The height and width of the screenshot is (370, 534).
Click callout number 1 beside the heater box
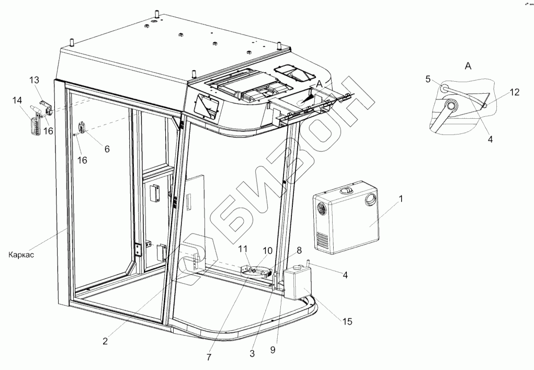[401, 198]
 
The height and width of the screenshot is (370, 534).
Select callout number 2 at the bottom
[106, 341]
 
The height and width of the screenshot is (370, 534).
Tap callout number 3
[252, 353]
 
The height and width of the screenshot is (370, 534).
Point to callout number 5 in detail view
[428, 80]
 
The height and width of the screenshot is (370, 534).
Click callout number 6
[107, 149]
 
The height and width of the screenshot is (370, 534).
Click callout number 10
[268, 251]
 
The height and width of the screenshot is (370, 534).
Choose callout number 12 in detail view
[515, 93]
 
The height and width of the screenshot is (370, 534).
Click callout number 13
[34, 80]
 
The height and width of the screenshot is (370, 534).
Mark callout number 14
[18, 100]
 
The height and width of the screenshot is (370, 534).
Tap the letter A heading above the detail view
[468, 65]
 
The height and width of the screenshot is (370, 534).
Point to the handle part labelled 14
[35, 125]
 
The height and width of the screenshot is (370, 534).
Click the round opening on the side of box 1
[371, 199]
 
